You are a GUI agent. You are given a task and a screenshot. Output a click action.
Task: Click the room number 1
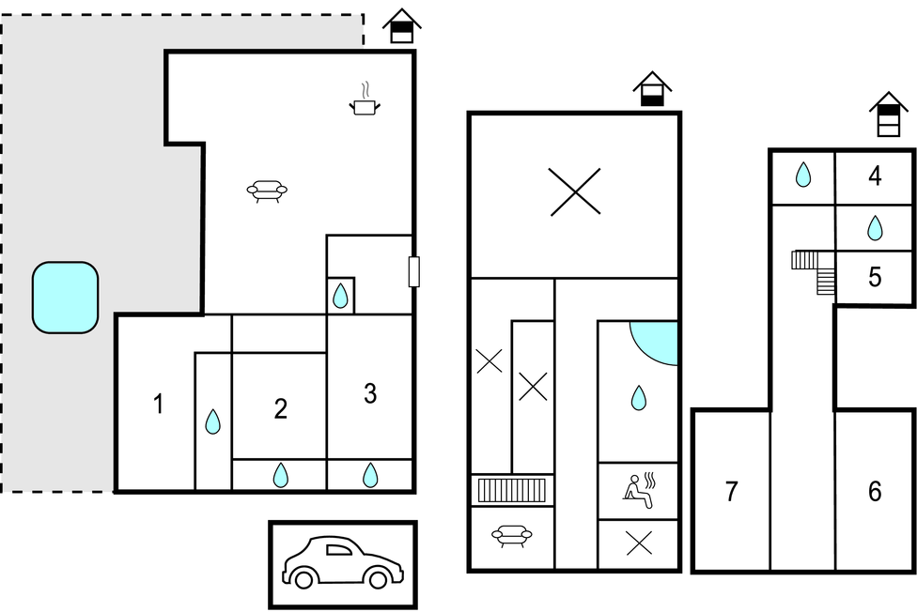[x=158, y=404]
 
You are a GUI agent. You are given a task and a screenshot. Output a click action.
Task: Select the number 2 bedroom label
[x=281, y=409]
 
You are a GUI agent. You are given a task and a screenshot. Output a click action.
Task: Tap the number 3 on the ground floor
[x=370, y=393]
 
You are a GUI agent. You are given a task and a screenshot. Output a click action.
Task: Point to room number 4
[x=875, y=176]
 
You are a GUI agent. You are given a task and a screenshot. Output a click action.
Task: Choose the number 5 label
[x=875, y=277]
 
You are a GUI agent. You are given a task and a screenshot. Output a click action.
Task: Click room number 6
[x=875, y=492]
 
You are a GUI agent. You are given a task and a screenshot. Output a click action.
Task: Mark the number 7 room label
[x=732, y=492]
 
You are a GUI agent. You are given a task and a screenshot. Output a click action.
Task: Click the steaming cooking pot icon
[x=365, y=99]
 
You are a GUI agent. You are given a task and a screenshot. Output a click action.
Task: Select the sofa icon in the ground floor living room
[x=267, y=191]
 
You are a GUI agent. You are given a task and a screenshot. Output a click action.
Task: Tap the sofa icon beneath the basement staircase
[x=512, y=535]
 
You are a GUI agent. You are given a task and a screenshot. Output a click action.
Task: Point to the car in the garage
[x=343, y=561]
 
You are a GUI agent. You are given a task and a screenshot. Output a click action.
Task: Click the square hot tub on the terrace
[x=65, y=298]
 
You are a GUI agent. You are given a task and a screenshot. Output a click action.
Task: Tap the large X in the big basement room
[x=575, y=191]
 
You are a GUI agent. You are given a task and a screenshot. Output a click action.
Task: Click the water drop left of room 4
[x=803, y=175]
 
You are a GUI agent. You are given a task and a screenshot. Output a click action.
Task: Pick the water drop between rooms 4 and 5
[x=875, y=228]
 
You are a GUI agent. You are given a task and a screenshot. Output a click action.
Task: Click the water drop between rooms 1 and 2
[x=213, y=421]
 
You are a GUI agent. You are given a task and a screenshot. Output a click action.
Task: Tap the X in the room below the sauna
[x=639, y=543]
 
